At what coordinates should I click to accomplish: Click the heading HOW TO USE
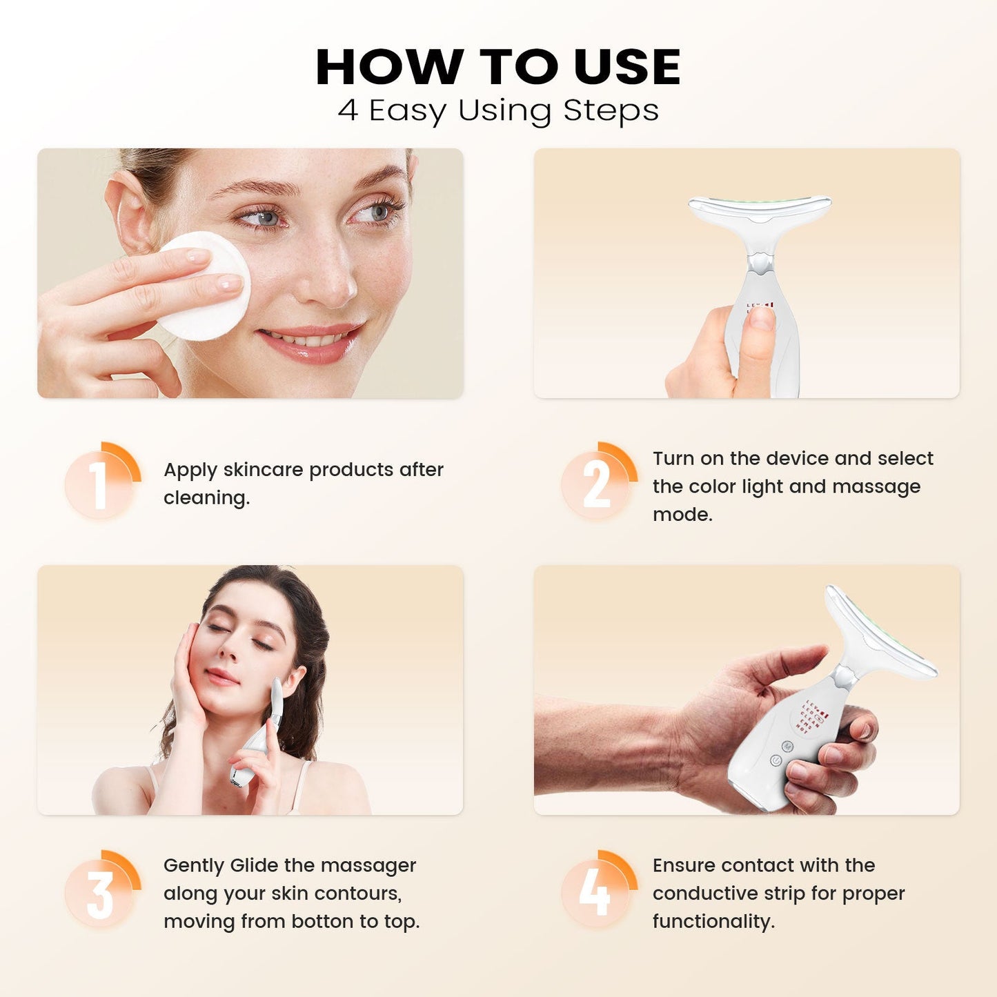click(x=498, y=67)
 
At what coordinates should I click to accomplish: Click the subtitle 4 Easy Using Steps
click(x=498, y=110)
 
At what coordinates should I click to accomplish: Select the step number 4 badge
click(x=596, y=891)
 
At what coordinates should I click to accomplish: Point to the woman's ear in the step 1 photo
click(x=129, y=210)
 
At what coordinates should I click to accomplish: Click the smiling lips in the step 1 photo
click(x=310, y=342)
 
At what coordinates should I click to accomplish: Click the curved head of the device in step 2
click(x=760, y=207)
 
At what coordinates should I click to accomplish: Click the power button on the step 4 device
click(x=776, y=760)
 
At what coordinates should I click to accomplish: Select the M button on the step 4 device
click(x=787, y=745)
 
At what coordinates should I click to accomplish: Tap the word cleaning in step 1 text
click(x=206, y=497)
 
